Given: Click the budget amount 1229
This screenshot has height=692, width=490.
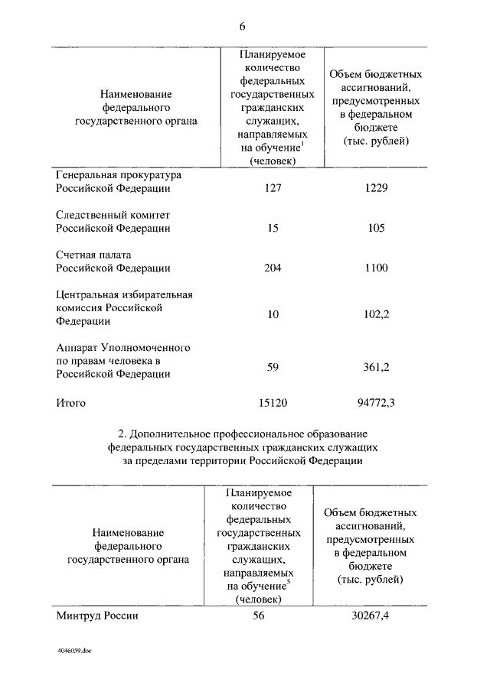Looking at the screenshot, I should pyautogui.click(x=376, y=188).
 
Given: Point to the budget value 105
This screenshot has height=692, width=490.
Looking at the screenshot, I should pyautogui.click(x=376, y=228).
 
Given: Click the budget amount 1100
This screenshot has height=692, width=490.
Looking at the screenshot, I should pyautogui.click(x=376, y=268).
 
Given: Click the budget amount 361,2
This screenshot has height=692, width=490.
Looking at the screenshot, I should pyautogui.click(x=376, y=367).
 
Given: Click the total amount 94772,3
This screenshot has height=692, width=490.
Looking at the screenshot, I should pyautogui.click(x=376, y=402).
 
